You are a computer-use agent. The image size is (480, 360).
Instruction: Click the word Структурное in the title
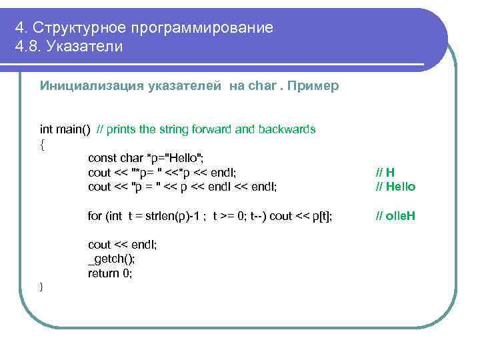click(x=80, y=28)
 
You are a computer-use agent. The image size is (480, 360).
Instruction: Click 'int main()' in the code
click(x=65, y=129)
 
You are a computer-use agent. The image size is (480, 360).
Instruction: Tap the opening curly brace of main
click(x=43, y=144)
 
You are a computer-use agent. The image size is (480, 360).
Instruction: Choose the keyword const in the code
click(x=102, y=158)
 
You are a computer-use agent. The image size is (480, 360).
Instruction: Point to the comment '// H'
click(x=385, y=172)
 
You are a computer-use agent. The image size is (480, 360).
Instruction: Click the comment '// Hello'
click(x=395, y=187)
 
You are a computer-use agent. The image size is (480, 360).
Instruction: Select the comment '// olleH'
click(x=395, y=215)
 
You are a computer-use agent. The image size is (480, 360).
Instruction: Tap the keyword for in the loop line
click(x=95, y=215)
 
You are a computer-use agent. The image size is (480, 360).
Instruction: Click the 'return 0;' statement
click(x=110, y=273)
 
